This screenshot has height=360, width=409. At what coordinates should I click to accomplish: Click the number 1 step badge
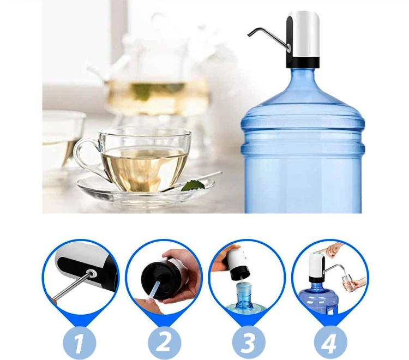coord(79,342)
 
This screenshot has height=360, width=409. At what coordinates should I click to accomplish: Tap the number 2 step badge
coord(164,342)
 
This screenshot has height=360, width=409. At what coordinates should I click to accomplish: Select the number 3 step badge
coord(249,342)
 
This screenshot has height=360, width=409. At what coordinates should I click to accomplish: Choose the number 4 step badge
coord(330,342)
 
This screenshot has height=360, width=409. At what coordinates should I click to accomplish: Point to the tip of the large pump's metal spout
coord(249,35)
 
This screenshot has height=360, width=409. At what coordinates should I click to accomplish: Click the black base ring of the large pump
coord(303,63)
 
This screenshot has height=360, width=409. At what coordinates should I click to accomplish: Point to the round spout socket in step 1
coord(91,274)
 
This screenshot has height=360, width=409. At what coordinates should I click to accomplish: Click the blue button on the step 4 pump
coord(317,253)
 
